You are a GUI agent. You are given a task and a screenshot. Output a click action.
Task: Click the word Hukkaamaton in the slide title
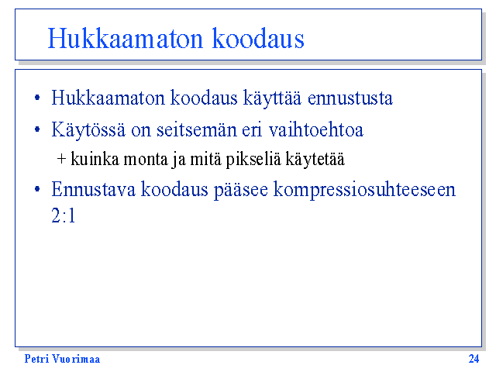(126, 38)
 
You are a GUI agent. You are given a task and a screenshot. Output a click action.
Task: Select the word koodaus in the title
(258, 38)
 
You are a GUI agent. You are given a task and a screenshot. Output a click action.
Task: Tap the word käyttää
(272, 98)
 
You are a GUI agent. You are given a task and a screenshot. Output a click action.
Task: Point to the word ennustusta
(350, 98)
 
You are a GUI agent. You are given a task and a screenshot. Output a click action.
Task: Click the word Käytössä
(88, 130)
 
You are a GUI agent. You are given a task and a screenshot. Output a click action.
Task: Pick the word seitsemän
(196, 130)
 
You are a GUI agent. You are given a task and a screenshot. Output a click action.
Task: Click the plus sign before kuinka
(61, 159)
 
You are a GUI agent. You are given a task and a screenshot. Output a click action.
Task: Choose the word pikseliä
(253, 159)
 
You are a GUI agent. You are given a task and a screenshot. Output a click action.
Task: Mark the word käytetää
(315, 159)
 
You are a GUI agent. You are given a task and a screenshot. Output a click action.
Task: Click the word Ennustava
(93, 189)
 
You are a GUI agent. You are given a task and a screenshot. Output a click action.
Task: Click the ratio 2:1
(64, 215)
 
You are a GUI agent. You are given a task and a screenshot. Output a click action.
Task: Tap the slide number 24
(474, 359)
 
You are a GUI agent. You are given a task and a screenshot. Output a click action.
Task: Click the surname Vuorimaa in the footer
(76, 359)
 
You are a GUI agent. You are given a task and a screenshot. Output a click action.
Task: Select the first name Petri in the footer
(36, 359)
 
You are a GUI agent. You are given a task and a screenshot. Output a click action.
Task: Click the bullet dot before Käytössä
(37, 129)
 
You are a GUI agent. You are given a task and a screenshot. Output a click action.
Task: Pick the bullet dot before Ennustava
(37, 189)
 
